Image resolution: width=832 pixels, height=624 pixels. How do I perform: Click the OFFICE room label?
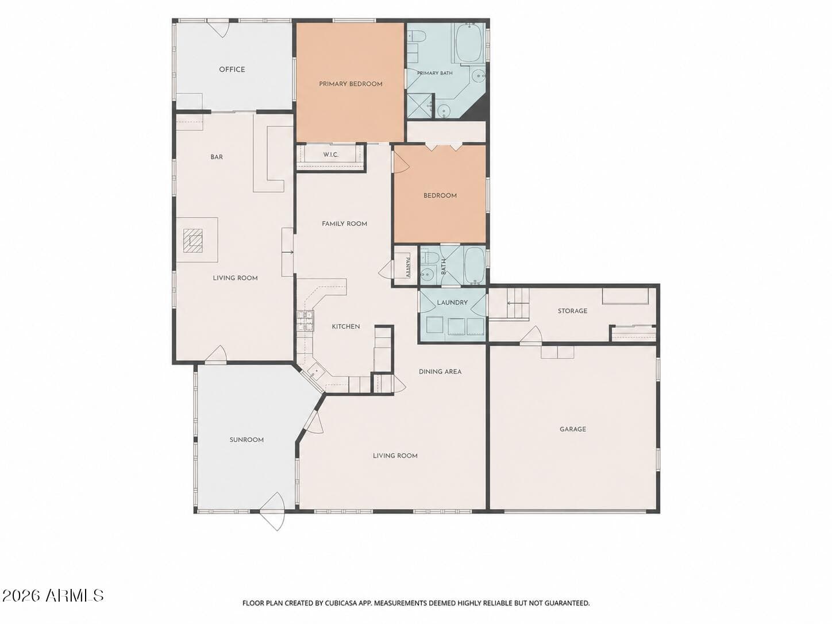tap(232, 70)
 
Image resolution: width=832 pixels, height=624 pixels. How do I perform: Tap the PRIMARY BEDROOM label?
tap(350, 84)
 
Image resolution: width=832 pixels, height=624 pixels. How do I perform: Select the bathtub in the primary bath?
tap(469, 43)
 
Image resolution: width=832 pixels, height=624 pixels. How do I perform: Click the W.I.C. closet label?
tap(330, 155)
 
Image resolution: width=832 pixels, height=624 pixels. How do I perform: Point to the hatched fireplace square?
tap(193, 241)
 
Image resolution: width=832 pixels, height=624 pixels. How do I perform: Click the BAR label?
tap(217, 157)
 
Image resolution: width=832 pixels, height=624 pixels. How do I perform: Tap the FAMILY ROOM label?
tap(345, 224)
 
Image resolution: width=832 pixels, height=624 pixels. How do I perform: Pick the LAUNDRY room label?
tap(452, 302)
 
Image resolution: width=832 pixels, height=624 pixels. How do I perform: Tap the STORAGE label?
tap(572, 311)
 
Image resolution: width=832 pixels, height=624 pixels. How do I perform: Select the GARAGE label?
tap(573, 429)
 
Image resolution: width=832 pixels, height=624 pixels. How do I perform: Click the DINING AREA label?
tap(440, 372)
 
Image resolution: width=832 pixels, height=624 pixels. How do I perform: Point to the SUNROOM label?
tap(246, 440)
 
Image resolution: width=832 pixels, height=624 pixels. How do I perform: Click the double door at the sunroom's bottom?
tap(272, 511)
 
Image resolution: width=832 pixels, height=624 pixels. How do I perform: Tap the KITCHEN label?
tap(346, 326)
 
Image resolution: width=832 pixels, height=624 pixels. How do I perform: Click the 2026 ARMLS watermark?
tap(52, 596)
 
